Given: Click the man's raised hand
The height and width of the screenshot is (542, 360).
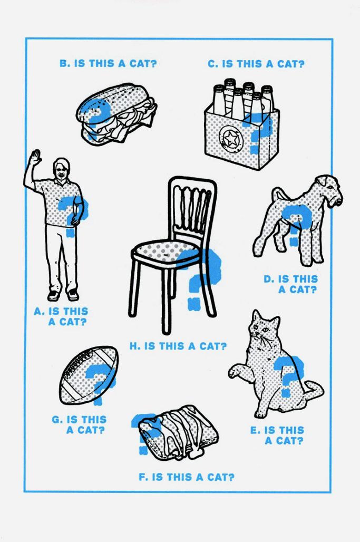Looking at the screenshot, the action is pyautogui.click(x=35, y=158).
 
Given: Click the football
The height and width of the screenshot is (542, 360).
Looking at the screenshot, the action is pyautogui.click(x=89, y=375).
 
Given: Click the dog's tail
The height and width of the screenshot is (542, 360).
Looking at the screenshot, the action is pyautogui.click(x=276, y=193).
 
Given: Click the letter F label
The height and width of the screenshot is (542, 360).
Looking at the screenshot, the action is pyautogui.click(x=142, y=477).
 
